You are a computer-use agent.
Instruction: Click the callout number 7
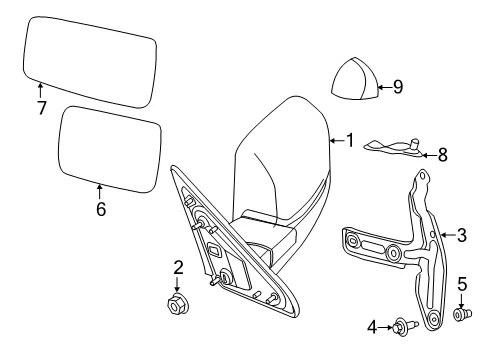[x=42, y=108]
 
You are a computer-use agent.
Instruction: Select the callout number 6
[x=101, y=209]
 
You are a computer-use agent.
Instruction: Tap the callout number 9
[x=398, y=87]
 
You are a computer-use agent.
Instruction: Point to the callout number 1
[x=350, y=140]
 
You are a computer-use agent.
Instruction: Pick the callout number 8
[x=442, y=155]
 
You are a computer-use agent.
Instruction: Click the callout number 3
[x=462, y=235]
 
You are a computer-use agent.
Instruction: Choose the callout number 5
[x=462, y=284]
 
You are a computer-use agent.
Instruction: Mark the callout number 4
[x=372, y=327]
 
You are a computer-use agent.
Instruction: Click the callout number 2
[x=178, y=267]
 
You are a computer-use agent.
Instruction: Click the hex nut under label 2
[x=177, y=303]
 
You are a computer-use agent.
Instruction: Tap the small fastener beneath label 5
[x=463, y=314]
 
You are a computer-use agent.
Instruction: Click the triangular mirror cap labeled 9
[x=355, y=78]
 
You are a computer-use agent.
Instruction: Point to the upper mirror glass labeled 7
[x=90, y=62]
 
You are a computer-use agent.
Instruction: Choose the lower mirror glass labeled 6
[x=110, y=149]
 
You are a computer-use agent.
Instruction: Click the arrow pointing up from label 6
[x=99, y=192]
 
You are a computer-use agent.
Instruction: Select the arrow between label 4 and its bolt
[x=385, y=327]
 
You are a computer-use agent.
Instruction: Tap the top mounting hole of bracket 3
[x=423, y=175]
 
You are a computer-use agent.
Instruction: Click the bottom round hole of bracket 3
[x=433, y=318]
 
